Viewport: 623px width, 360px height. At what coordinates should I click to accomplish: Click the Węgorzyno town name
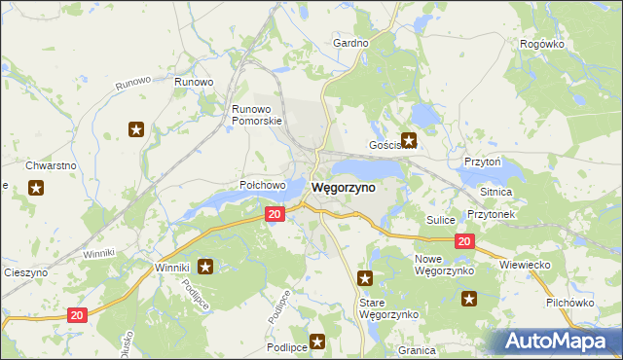pyautogui.click(x=343, y=188)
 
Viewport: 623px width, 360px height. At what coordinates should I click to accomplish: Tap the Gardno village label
pyautogui.click(x=350, y=44)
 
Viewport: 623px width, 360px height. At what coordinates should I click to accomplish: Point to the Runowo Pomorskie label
pyautogui.click(x=256, y=115)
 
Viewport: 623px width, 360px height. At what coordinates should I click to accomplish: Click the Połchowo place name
pyautogui.click(x=262, y=185)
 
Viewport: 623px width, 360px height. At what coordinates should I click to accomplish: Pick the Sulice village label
pyautogui.click(x=441, y=221)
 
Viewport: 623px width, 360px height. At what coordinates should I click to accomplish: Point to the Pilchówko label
pyautogui.click(x=570, y=304)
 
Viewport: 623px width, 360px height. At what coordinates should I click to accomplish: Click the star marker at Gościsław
pyautogui.click(x=409, y=140)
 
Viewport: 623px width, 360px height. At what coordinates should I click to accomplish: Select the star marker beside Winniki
pyautogui.click(x=205, y=266)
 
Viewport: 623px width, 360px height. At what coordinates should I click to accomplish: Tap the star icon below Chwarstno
pyautogui.click(x=36, y=188)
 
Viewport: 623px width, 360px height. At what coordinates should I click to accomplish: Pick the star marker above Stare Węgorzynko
pyautogui.click(x=365, y=278)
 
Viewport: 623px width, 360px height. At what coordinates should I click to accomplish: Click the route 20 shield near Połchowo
pyautogui.click(x=275, y=214)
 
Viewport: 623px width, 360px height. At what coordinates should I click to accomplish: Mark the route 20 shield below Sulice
pyautogui.click(x=464, y=241)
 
